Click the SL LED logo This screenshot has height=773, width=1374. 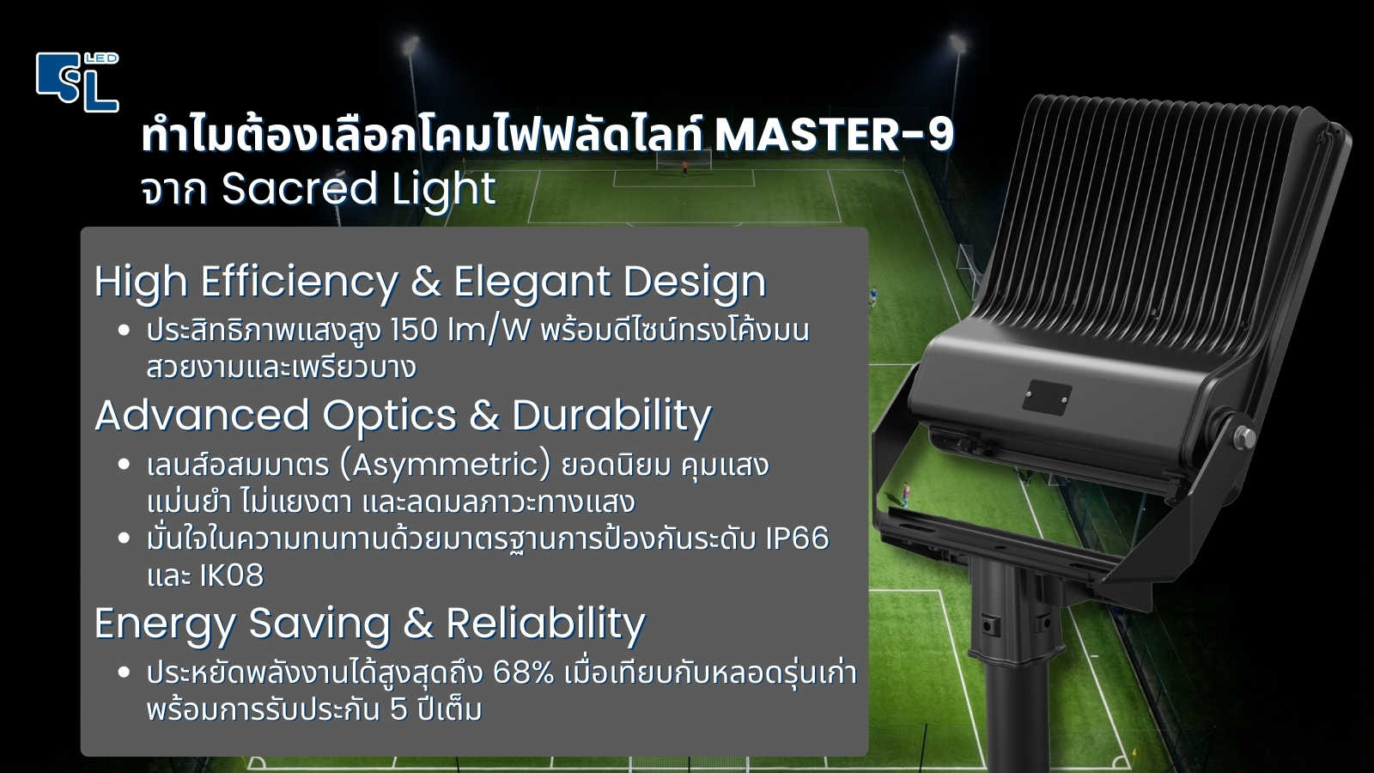tap(77, 82)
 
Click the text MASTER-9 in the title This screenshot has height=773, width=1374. tap(834, 135)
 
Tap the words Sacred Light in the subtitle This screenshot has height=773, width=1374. tap(358, 190)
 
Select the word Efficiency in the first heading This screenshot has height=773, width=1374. tap(300, 282)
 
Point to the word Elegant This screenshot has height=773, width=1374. tap(532, 282)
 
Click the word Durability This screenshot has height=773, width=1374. tap(611, 416)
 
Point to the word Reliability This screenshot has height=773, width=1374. tap(545, 624)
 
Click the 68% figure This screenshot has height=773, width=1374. tap(524, 673)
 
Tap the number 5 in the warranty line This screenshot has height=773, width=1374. tap(398, 710)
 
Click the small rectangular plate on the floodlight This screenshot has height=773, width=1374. tap(1047, 397)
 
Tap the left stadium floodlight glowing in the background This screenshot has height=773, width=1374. tap(411, 45)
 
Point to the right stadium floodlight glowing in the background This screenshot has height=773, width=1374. tap(957, 43)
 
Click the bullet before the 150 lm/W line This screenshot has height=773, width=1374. tap(125, 330)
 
